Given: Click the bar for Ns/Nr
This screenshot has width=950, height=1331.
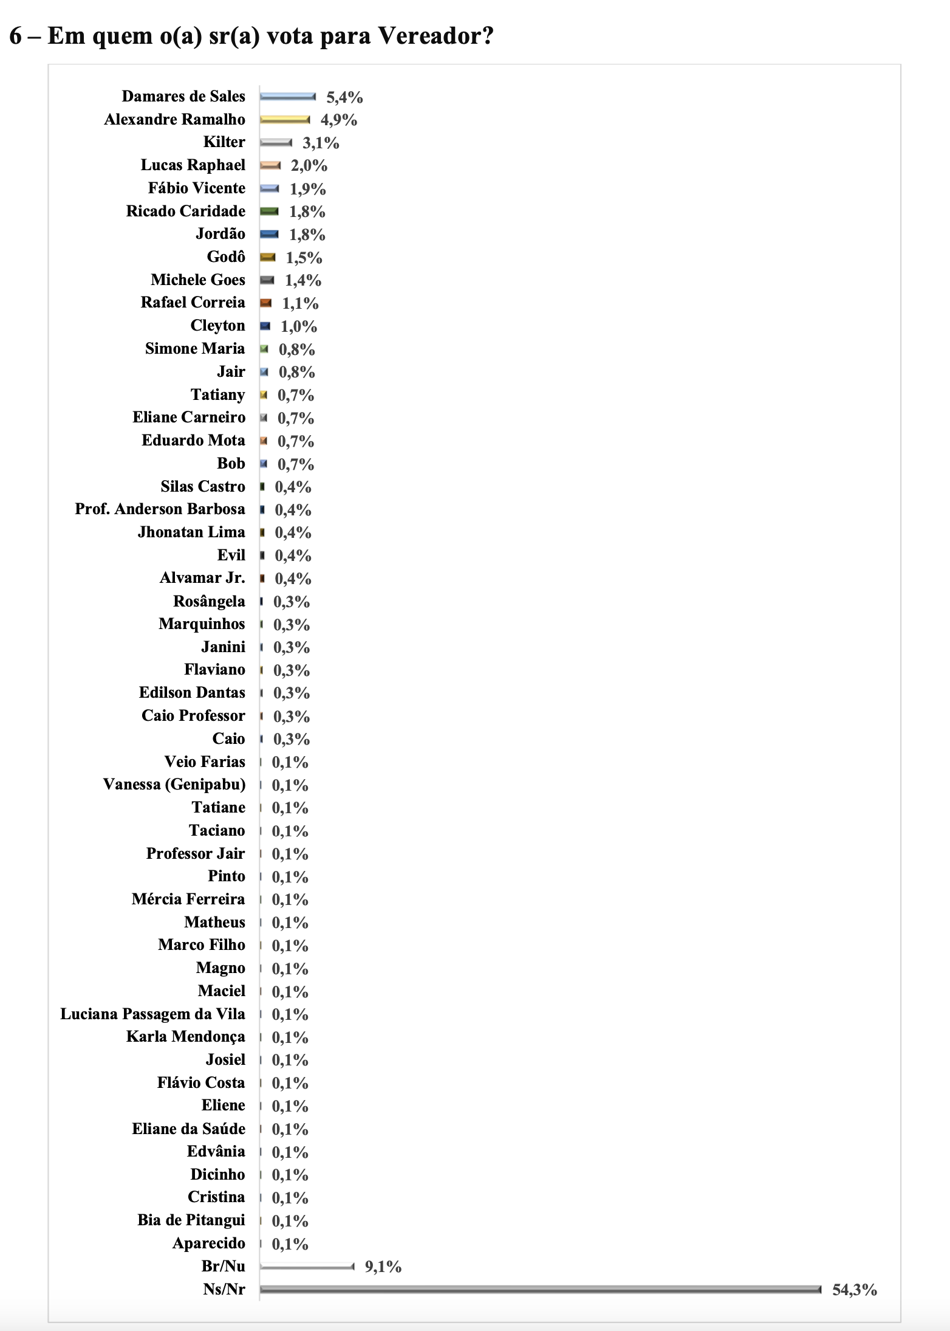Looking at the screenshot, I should [x=540, y=1289].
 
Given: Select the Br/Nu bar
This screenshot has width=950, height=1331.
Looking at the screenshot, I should [x=307, y=1267].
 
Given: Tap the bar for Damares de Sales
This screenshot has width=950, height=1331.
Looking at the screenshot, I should [x=288, y=97].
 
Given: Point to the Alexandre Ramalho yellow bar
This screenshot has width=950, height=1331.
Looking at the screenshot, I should [x=285, y=120].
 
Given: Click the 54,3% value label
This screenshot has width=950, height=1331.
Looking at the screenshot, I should [x=854, y=1290].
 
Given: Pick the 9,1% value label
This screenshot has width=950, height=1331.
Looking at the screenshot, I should [x=383, y=1267].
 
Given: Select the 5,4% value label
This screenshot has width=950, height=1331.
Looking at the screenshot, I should [x=344, y=97].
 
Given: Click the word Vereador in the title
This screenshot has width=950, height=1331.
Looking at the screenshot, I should [x=436, y=36].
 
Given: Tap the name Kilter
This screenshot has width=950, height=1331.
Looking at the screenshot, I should [x=224, y=142].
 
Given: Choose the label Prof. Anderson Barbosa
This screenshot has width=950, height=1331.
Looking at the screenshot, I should [x=160, y=509].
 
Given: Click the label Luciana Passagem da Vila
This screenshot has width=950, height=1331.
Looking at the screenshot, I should [x=152, y=1014].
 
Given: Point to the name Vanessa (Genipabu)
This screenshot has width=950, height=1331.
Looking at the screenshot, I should [x=174, y=785].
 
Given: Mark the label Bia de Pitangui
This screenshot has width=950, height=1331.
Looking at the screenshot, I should [x=191, y=1220].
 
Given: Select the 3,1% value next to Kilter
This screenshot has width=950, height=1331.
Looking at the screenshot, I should [x=321, y=143].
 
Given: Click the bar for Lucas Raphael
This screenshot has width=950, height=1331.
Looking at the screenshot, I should [x=270, y=165].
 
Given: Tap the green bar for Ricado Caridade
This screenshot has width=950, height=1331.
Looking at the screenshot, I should [x=269, y=212].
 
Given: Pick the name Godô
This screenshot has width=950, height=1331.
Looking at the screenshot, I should [x=226, y=257].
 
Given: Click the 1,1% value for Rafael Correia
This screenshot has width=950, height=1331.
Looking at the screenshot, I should [x=300, y=303].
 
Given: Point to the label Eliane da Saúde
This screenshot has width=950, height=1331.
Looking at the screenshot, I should [x=189, y=1129].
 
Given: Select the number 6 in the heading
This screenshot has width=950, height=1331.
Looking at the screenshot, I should [x=16, y=36].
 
